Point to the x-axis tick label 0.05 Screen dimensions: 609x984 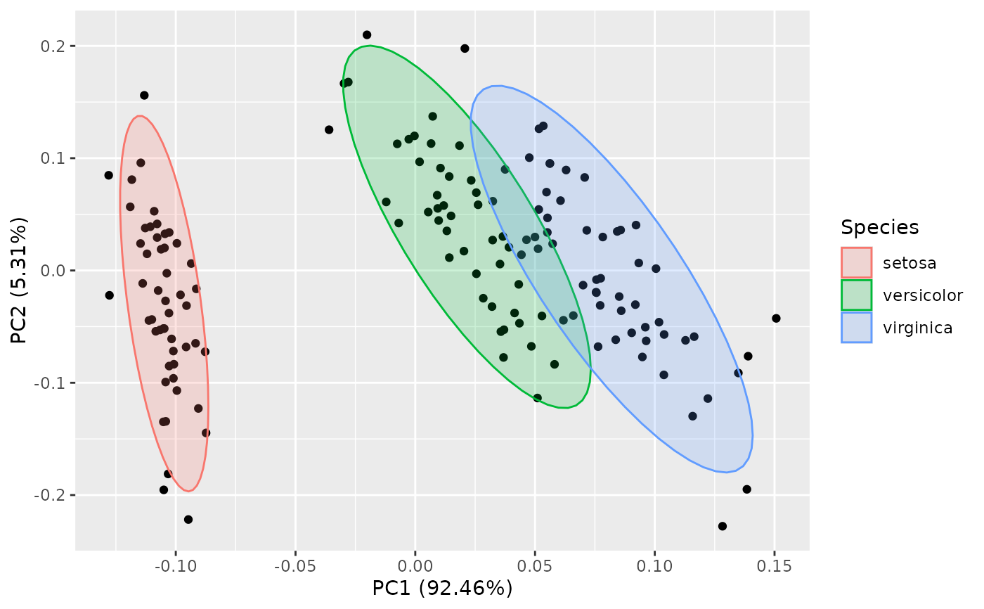[535, 566]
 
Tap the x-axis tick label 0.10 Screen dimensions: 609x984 [654, 566]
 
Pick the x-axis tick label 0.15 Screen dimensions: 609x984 [774, 566]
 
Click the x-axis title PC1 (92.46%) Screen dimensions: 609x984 [442, 588]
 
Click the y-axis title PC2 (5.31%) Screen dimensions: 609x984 [20, 271]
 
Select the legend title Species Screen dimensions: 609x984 [879, 227]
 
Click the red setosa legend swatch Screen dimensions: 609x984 [856, 262]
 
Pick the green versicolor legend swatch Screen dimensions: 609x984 [856, 295]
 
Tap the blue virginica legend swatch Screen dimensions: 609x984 [856, 327]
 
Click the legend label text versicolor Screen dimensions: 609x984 [923, 295]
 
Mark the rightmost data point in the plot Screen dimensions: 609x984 [776, 319]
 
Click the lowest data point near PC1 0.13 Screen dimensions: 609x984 [722, 526]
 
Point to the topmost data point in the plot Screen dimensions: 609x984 [367, 34]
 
